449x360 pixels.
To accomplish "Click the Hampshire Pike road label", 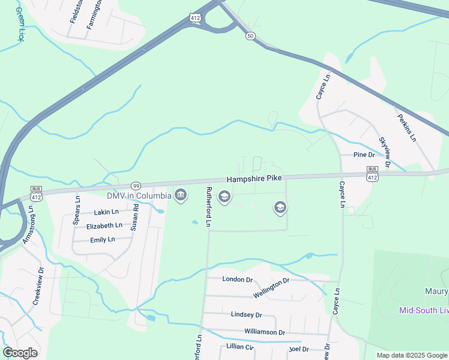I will tap(254, 179).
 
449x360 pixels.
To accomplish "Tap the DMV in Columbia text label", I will tap(139, 196).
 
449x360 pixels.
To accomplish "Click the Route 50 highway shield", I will tap(250, 36).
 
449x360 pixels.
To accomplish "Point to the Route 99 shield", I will tap(136, 186).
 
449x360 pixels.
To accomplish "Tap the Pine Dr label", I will tap(364, 155).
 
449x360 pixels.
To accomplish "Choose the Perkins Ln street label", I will tap(406, 127).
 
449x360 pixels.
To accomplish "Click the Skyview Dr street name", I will tap(385, 152).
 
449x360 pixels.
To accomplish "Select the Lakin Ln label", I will tap(106, 212).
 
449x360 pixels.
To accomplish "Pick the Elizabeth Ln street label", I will tap(104, 226).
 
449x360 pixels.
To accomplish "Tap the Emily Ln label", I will tap(102, 239).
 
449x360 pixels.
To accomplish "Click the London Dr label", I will tap(238, 279).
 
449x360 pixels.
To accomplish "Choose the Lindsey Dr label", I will tap(247, 314).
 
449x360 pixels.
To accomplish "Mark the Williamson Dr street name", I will tap(265, 332).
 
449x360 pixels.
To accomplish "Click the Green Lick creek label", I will tap(20, 24).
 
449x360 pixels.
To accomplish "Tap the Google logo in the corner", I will tap(20, 353).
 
